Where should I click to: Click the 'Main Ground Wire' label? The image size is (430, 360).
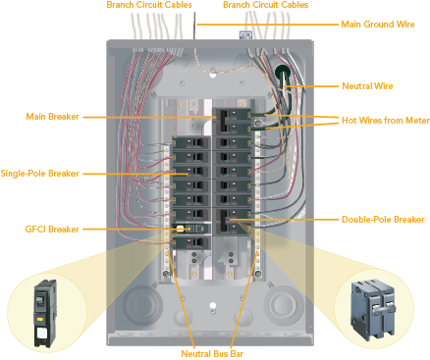click(377, 24)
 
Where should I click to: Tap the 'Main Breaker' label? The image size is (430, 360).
click(53, 117)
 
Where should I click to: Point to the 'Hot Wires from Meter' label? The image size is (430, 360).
click(384, 120)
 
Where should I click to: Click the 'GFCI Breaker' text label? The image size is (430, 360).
click(52, 229)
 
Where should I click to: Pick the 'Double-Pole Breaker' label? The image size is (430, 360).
click(382, 220)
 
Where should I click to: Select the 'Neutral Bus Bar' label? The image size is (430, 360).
click(212, 352)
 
